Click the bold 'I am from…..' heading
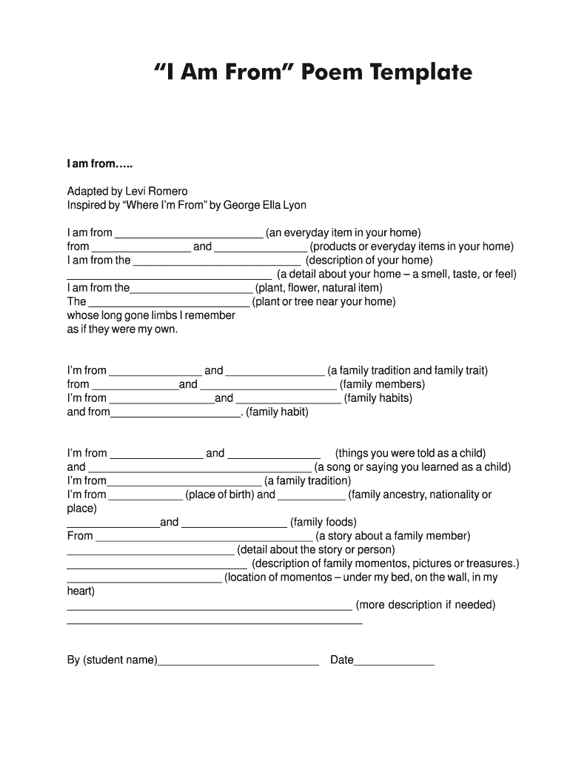pos(101,163)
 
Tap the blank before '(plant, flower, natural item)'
pos(191,289)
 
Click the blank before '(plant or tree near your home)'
pos(169,303)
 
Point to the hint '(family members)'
pos(382,384)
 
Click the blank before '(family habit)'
pos(175,413)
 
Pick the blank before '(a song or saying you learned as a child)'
pos(199,468)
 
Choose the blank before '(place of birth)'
pos(146,495)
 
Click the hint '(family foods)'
pos(323,523)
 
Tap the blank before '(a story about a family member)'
pos(204,537)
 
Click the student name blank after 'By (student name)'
pos(238,661)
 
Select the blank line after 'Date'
pos(394,661)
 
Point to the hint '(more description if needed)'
pos(426,606)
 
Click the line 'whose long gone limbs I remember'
pos(151,316)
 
